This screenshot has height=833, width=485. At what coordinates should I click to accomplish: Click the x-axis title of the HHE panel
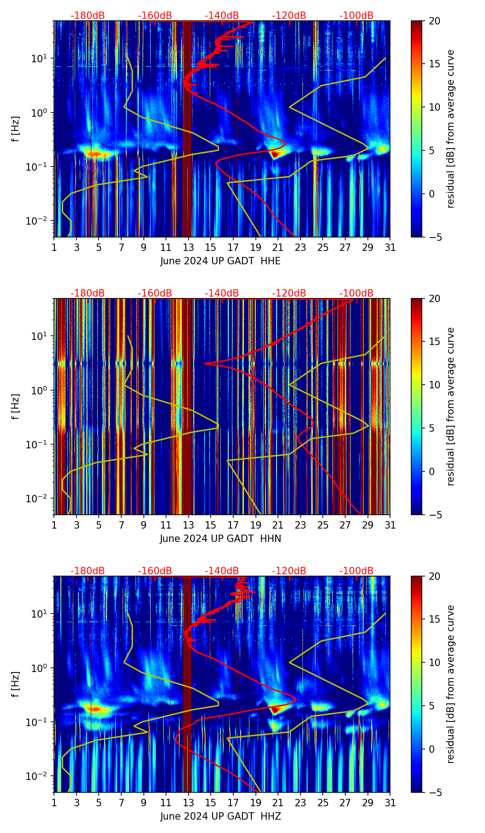pos(220,261)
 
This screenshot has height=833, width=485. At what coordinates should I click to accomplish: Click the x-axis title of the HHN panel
pos(220,539)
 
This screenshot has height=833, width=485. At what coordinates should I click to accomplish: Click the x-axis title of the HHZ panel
pos(220,816)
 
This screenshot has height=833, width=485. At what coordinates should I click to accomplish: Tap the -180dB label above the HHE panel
pos(88,16)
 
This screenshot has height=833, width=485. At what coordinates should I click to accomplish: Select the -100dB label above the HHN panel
pos(356,293)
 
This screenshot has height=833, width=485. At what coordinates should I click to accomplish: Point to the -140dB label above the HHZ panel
pos(222,571)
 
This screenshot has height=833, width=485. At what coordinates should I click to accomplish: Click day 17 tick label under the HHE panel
pos(233,247)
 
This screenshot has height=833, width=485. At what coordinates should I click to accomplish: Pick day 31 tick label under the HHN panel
pos(390,525)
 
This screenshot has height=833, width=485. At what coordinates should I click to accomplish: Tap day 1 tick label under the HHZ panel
pos(54,803)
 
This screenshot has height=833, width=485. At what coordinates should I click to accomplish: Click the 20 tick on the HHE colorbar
pos(434,21)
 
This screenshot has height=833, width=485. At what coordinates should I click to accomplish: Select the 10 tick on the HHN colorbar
pos(434,385)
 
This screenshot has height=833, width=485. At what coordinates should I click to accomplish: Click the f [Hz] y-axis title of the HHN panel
pos(16,406)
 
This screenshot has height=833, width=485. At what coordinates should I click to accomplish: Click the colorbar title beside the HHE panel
pos(451,129)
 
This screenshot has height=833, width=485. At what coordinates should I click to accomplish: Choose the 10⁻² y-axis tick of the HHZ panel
pos(41,776)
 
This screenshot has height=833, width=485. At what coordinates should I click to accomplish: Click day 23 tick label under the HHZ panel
pos(301,803)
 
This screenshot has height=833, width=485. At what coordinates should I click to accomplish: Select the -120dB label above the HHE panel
pos(289,16)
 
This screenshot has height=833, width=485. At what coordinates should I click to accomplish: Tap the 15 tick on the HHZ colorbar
pos(434,619)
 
